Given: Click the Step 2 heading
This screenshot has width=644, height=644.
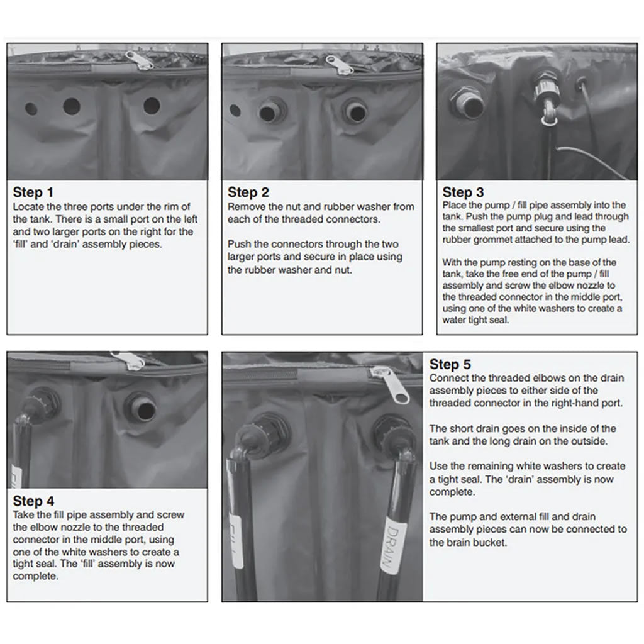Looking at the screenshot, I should click(x=248, y=192).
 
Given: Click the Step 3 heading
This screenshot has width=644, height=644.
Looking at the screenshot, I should click(x=464, y=192).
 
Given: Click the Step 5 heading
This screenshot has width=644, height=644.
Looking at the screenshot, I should click(x=450, y=364).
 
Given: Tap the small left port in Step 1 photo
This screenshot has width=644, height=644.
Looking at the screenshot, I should click(x=31, y=108).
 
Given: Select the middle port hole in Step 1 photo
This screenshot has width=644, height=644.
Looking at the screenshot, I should click(x=71, y=106).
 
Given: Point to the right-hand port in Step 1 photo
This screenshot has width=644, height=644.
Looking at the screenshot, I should click(x=152, y=106).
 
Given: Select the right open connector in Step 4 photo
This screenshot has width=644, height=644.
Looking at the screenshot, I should click(x=139, y=406).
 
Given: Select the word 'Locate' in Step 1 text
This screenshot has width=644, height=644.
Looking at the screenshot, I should click(x=28, y=207).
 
